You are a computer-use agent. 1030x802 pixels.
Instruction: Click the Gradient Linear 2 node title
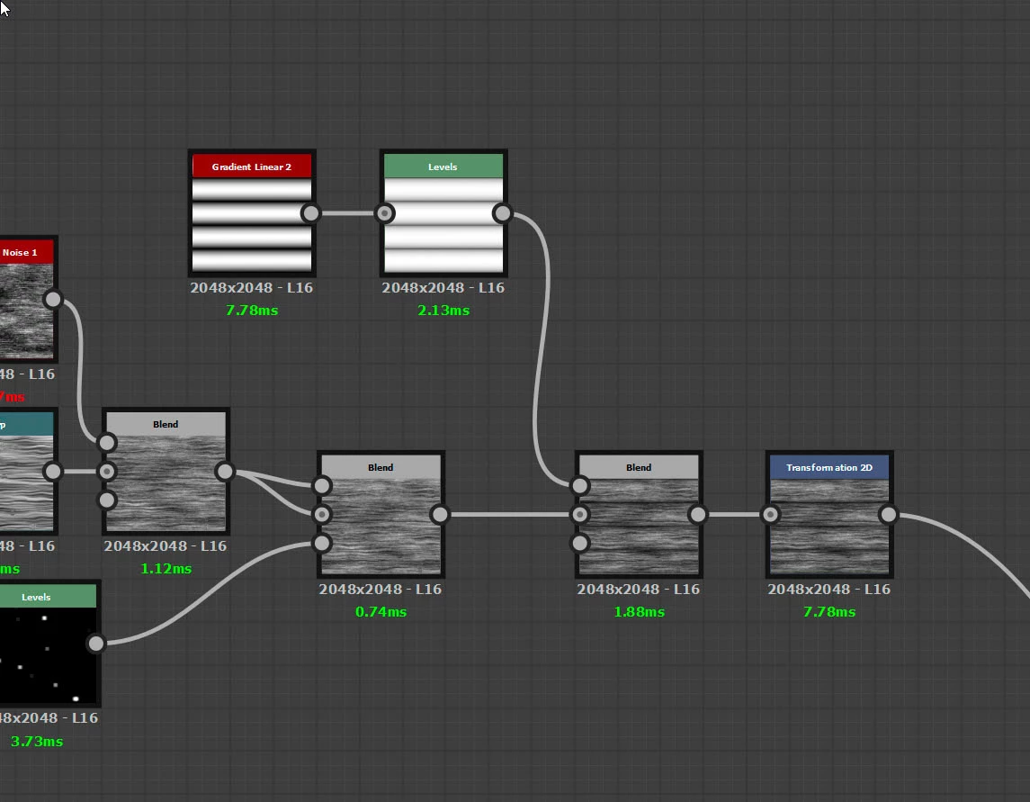(x=252, y=167)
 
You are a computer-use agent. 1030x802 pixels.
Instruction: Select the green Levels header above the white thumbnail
(x=443, y=167)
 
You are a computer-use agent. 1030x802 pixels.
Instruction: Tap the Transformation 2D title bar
(x=828, y=467)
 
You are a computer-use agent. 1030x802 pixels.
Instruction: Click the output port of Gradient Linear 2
(x=310, y=213)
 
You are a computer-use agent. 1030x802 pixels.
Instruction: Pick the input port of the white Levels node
(x=385, y=213)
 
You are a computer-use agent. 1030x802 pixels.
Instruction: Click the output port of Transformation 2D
(x=888, y=515)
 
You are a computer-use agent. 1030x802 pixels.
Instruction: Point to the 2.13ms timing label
(x=443, y=311)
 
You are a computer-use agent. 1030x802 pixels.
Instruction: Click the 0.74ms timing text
(x=381, y=612)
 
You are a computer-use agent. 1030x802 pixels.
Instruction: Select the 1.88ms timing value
(x=639, y=612)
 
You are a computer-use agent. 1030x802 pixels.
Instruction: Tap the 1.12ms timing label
(x=166, y=569)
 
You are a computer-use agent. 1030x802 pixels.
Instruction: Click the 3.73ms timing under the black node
(x=37, y=742)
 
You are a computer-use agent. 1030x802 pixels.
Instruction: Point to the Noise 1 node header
(x=21, y=253)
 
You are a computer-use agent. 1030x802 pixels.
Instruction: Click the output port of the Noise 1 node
(x=53, y=299)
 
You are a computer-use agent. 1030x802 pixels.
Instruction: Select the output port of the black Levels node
(x=95, y=643)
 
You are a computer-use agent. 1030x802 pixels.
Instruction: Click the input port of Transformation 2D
(x=770, y=515)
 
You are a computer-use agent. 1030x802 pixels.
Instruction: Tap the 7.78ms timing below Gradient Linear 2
(x=252, y=311)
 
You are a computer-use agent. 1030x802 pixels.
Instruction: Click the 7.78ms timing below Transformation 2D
(x=828, y=612)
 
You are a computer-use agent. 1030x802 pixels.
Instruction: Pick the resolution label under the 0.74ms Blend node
(x=381, y=590)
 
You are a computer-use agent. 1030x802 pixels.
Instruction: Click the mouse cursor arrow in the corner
(x=4, y=6)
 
